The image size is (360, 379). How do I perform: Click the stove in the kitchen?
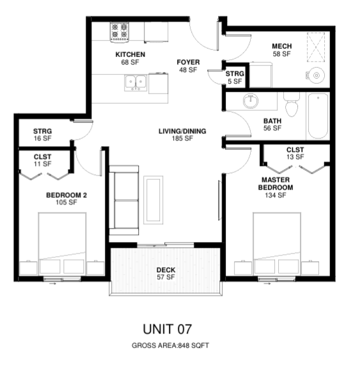[x=120, y=33]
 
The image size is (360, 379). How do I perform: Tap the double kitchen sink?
[x=136, y=83]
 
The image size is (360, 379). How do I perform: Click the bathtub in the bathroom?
[x=318, y=116]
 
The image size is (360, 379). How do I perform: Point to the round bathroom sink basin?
[x=251, y=101]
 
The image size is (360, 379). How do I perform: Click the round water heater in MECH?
[x=316, y=76]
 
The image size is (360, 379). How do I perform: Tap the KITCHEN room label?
[x=130, y=54]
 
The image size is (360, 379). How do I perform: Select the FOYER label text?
[x=188, y=62]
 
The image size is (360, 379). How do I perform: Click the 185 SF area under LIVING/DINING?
[x=182, y=138]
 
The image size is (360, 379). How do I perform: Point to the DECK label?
[x=166, y=270]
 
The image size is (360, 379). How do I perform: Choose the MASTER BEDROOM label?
[x=276, y=184]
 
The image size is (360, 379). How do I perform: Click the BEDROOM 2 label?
[x=67, y=195]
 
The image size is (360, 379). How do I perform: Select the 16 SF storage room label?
[x=42, y=135]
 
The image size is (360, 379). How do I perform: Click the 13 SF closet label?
[x=295, y=153]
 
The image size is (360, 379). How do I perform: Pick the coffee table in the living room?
[x=153, y=200]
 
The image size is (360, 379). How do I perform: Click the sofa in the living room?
[x=124, y=200]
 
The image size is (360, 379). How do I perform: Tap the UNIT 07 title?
[x=168, y=329]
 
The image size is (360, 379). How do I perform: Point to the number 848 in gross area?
[x=184, y=346]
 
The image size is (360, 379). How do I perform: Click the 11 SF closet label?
[x=42, y=160]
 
